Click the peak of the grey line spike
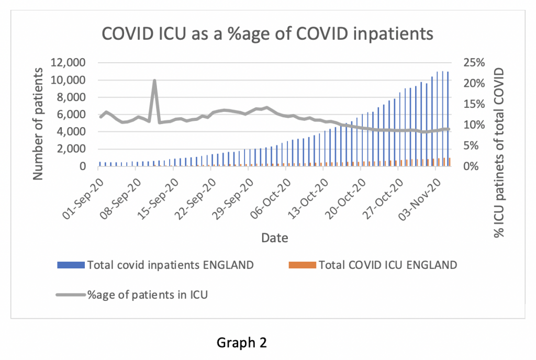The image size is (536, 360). [x=154, y=81]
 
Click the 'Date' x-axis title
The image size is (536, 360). [x=275, y=238]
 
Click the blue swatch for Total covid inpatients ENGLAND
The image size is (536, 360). [x=70, y=265]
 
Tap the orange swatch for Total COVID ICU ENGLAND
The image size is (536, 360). [x=302, y=265]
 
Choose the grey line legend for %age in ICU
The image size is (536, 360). [x=70, y=295]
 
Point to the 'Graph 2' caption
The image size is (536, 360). [x=242, y=343]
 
